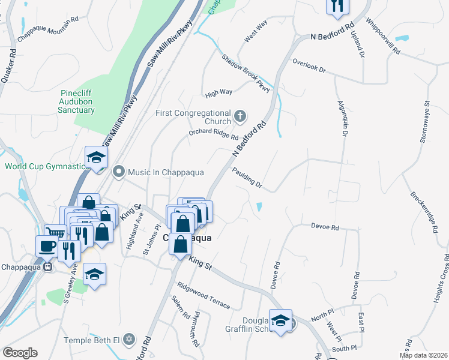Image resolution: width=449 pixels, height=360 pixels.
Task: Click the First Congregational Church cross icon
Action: (240, 116)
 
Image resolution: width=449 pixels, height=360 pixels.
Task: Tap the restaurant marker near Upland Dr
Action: (336, 7)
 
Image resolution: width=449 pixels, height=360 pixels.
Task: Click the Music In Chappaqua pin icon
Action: (118, 172)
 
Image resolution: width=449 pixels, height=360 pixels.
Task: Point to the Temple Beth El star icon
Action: (127, 340)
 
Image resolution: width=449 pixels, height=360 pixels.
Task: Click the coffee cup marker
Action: (47, 246)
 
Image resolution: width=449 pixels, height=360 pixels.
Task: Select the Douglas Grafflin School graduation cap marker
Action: (280, 320)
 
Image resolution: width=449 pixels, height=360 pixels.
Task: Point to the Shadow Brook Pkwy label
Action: (246, 74)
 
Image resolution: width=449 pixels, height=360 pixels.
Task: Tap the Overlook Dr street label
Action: (309, 66)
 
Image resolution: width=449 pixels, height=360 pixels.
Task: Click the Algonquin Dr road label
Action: (342, 120)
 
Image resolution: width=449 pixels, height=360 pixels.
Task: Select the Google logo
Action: (20, 353)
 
